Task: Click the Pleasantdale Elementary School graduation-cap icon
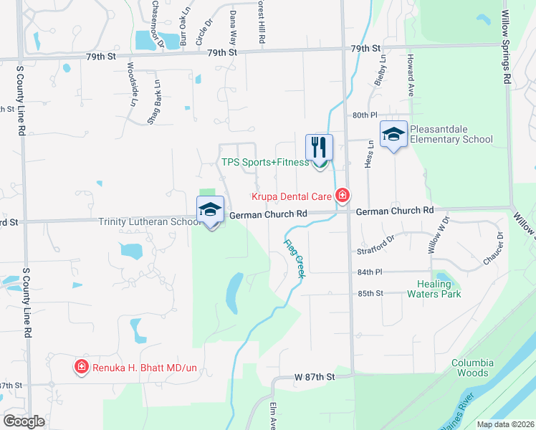[393, 135]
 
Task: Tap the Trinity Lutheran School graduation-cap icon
[210, 210]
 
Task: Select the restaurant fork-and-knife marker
[320, 148]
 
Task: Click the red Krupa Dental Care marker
[343, 195]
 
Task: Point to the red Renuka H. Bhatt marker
[82, 368]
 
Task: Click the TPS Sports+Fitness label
[264, 163]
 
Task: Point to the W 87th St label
[315, 376]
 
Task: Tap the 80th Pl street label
[365, 115]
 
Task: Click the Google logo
[24, 421]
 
